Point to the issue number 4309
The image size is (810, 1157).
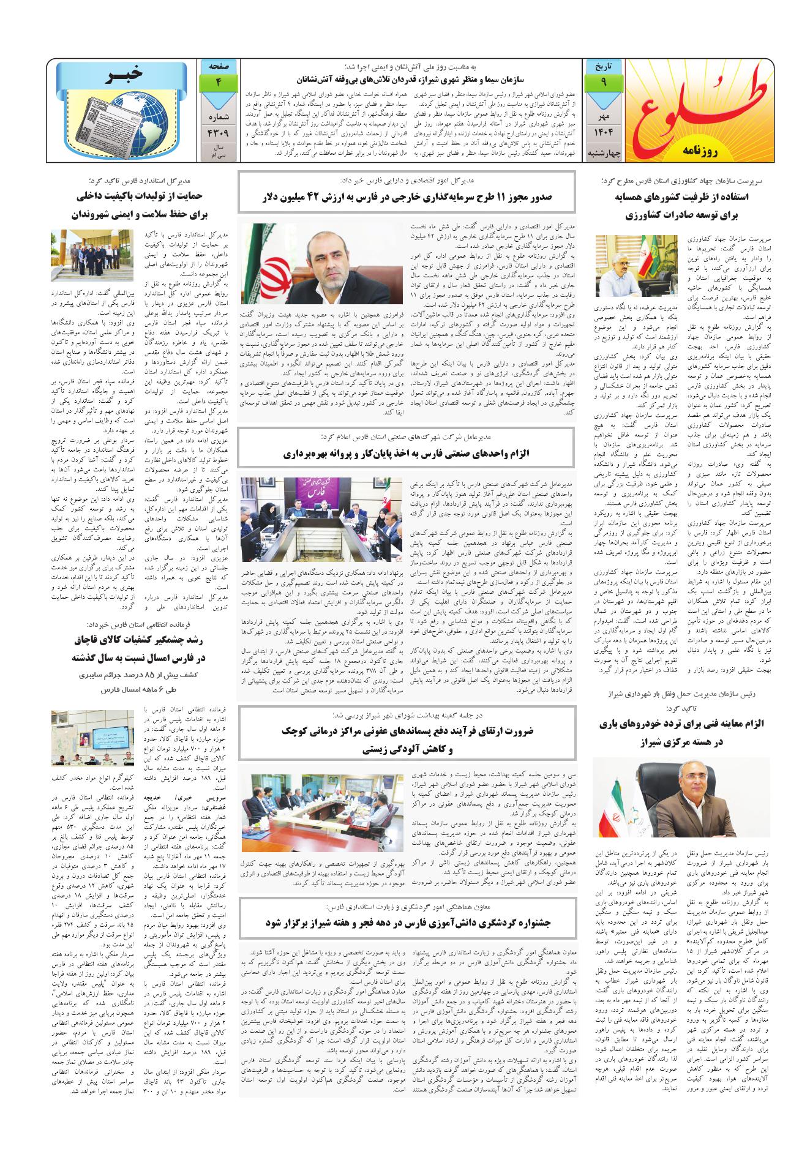pyautogui.click(x=217, y=130)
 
